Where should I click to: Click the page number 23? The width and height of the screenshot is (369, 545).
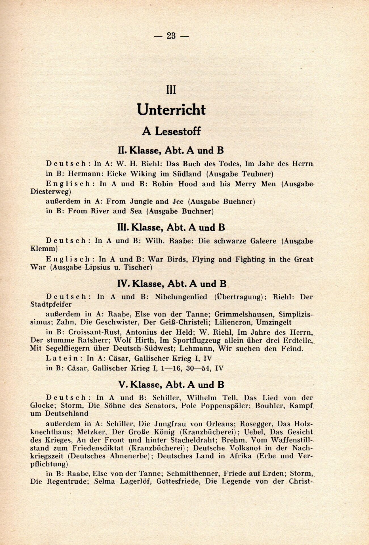[x=171, y=36]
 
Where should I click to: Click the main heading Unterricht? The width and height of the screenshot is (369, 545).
[x=171, y=110]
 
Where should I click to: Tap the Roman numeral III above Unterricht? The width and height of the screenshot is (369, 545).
[x=171, y=90]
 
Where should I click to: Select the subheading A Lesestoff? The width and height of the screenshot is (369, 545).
[x=171, y=131]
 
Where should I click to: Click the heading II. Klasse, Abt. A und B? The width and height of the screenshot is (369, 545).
[x=171, y=150]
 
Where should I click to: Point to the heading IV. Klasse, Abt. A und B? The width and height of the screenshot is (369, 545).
[x=172, y=284]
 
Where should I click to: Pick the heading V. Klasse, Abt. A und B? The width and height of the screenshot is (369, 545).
[x=171, y=385]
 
